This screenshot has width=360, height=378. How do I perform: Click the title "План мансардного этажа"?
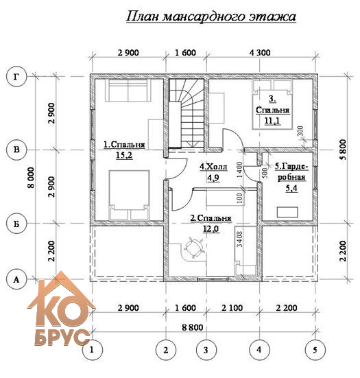pos(211,17)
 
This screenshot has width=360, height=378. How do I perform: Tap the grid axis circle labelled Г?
pos(16,77)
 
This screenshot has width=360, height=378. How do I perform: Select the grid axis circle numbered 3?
pos(206,350)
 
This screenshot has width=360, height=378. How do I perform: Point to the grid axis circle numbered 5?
pos(315,350)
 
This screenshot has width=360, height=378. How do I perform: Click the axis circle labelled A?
pos(16,280)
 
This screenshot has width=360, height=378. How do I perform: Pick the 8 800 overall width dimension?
pos(193,327)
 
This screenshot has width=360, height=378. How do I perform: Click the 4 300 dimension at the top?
pos(260,53)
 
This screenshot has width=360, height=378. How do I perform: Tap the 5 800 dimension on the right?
pos(344,150)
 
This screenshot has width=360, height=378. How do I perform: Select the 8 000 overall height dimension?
pos(32,178)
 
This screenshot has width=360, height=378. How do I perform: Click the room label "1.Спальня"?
pos(124,145)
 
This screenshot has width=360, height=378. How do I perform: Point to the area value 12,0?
pos(211,228)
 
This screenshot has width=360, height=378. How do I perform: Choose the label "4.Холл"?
pos(213,167)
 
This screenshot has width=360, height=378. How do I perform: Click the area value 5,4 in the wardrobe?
pos(291,188)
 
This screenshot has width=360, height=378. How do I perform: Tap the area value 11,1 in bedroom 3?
pos(272,121)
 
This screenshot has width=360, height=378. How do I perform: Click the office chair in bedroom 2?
pos(194,248)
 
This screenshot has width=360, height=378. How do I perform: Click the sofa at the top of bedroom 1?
pos(128,91)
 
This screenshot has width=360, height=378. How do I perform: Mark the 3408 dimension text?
pos(240,239)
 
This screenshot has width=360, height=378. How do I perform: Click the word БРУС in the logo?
pos(62,337)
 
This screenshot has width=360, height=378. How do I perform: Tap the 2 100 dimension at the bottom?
pos(232,308)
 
